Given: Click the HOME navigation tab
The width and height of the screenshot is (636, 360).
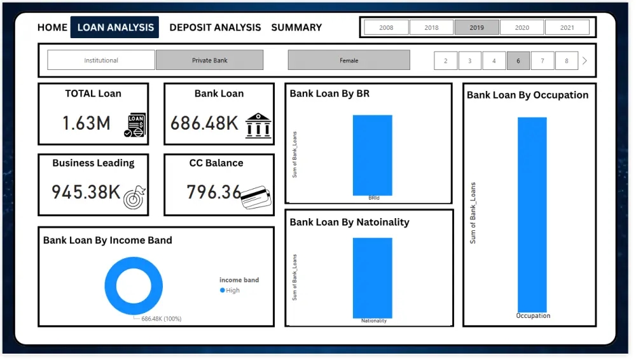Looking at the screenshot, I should coord(52,27).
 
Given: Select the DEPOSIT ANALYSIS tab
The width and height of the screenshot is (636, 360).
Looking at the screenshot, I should coord(215,27).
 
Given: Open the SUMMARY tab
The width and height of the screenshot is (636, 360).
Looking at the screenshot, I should coord(296,27).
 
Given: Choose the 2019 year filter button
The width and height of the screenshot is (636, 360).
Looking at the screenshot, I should coord(476,27).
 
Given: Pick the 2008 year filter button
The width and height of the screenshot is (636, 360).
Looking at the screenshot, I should coord(386,27).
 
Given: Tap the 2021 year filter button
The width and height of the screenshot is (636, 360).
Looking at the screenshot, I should coord(567,27).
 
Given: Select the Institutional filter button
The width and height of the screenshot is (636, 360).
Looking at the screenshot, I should coord(101,60).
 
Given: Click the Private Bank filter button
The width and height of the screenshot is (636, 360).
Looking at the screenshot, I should coord(209,60).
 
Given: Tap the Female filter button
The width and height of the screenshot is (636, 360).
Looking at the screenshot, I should coord(349,60).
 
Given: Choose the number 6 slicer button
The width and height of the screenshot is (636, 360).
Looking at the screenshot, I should coord(518,61).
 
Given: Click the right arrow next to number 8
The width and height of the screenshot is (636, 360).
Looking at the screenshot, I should coord(584,61).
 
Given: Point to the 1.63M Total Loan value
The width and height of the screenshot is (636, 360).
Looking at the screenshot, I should coord(86,123).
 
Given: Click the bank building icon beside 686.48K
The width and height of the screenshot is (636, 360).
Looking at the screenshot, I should coord(258,125).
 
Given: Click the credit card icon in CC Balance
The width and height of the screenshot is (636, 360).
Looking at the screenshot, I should coord(256,197).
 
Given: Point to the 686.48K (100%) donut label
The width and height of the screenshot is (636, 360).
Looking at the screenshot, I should coord(161,319).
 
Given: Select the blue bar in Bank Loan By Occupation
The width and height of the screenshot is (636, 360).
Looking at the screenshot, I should coord(532,214).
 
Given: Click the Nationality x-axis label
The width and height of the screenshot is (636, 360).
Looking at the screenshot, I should coord(373,321).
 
